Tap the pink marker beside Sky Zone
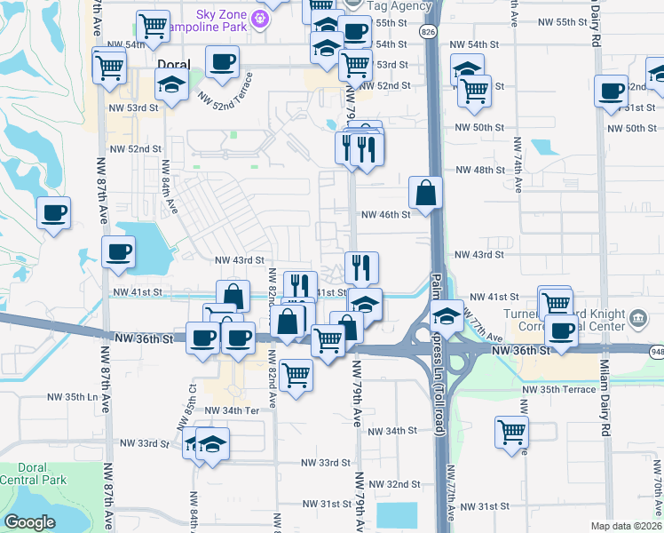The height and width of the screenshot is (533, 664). coord(260,17)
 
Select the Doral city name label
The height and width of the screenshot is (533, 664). coord(173,65)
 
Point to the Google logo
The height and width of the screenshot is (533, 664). coord(29,522)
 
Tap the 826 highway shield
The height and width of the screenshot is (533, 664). coord(429,32)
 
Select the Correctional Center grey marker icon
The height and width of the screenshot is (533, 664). coord(637,318)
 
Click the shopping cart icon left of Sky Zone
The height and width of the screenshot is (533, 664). coord(154,25)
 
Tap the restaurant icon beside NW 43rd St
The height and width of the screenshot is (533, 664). coord(361,266)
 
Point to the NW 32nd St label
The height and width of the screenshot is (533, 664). coord(391,484)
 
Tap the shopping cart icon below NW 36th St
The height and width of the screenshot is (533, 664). coord(296,373)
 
